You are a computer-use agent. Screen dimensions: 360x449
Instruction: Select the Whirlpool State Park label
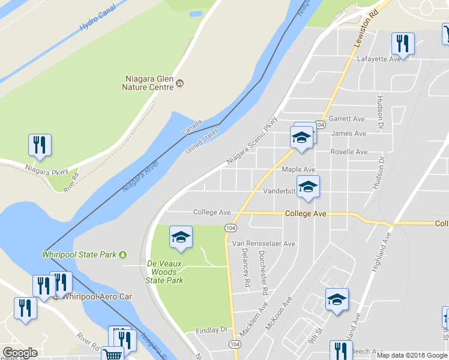[x=79, y=254]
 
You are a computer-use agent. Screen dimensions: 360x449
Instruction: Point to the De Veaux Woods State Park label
[x=165, y=272]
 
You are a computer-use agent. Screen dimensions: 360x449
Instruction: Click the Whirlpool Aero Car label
[x=92, y=296]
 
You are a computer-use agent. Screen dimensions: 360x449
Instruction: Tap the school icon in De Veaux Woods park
[x=181, y=238]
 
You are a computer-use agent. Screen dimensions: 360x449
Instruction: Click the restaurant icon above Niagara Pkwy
[x=40, y=145]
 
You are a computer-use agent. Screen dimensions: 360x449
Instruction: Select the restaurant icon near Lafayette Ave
[x=402, y=43]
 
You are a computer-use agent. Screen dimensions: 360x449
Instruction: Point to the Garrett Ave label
[x=346, y=119]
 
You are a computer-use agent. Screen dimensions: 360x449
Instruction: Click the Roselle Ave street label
[x=349, y=152]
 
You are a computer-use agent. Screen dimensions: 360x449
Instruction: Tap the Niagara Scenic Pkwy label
[x=253, y=140]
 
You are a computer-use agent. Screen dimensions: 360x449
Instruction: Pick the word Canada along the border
[x=192, y=128]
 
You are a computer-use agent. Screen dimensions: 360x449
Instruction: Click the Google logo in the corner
[x=20, y=353]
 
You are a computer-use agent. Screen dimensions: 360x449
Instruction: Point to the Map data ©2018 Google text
[x=412, y=355]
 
